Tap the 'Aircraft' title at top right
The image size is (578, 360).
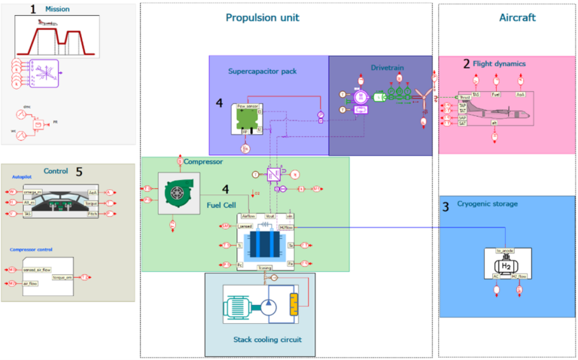click(x=517, y=17)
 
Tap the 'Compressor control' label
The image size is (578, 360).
click(x=35, y=249)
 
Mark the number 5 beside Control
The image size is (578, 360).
click(x=78, y=170)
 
